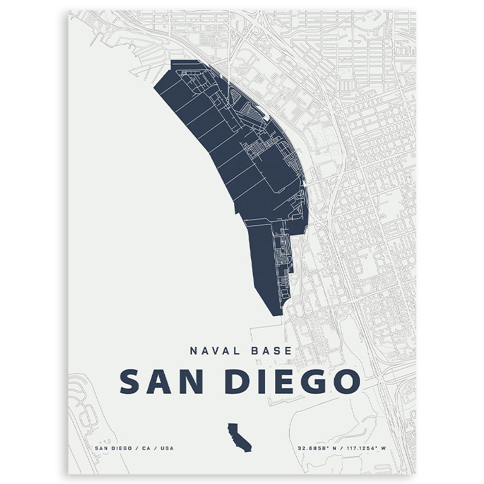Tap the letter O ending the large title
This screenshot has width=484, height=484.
tap(345, 381)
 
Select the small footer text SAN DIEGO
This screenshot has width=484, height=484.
tap(113, 448)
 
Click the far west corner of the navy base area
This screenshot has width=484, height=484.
tap(154, 86)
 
